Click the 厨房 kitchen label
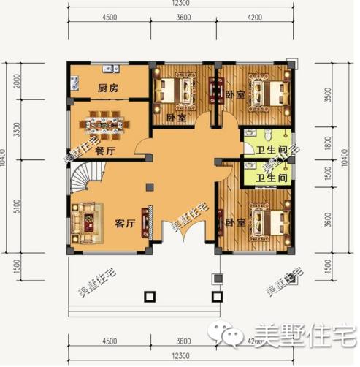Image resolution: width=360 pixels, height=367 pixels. point(109,88)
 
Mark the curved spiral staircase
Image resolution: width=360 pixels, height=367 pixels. point(85,178)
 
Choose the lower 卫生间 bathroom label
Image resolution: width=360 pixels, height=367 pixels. point(269,177)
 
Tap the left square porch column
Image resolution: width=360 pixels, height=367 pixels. point(150,297)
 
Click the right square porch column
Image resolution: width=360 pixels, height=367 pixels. point(216,297)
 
